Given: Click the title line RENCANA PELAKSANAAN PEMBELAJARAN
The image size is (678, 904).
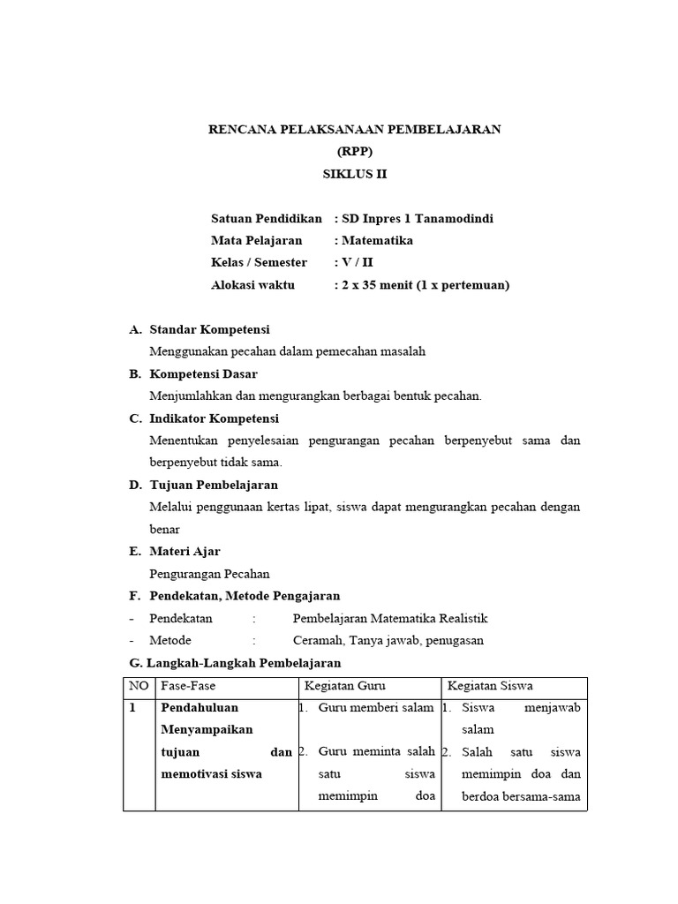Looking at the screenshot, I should (x=354, y=129).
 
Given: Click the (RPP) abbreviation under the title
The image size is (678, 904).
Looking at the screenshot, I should (x=355, y=151).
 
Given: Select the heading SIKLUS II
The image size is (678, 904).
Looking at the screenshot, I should (x=355, y=174).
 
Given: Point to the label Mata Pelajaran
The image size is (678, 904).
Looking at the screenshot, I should (x=256, y=240).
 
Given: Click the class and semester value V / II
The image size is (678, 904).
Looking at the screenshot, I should (x=358, y=262).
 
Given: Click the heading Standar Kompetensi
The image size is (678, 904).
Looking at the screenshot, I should (x=209, y=329).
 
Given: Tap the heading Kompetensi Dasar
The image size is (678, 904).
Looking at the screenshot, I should (x=203, y=373).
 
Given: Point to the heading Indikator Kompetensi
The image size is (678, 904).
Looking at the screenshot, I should (x=214, y=418).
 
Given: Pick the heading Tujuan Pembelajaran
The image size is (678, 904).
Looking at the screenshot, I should (x=214, y=485).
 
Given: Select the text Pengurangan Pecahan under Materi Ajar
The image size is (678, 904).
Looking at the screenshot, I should (x=209, y=574).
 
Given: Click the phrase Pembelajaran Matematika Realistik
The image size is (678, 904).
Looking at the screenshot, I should (x=389, y=618).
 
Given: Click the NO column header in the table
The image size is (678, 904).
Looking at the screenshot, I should (x=139, y=686).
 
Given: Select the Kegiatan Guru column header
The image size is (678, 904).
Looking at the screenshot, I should (x=345, y=686).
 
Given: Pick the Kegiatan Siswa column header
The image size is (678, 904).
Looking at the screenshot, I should (x=490, y=686).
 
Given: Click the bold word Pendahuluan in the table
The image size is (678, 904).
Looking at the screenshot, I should (x=200, y=708).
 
